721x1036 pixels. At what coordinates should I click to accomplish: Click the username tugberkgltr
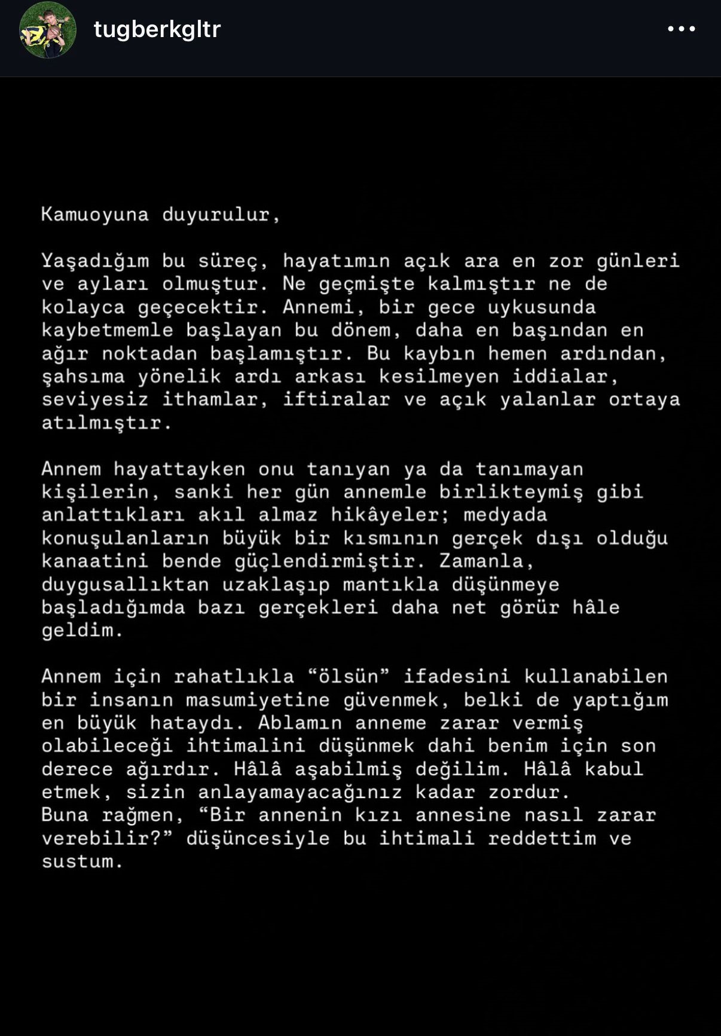tap(157, 29)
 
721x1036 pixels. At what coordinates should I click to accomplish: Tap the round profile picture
tap(48, 30)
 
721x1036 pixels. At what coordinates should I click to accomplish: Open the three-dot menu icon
tap(681, 29)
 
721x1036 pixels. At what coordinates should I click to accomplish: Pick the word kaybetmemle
tap(107, 330)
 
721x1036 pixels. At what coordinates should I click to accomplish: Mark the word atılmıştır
tap(106, 423)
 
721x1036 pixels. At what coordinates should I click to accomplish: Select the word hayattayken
tap(179, 469)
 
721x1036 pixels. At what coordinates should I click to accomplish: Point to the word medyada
tap(505, 515)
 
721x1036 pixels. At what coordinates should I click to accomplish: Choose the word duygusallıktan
tap(125, 584)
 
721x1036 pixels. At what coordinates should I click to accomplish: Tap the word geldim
tap(82, 631)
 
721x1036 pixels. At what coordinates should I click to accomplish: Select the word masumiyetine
tap(257, 700)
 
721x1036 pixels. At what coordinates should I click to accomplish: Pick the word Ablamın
tap(300, 723)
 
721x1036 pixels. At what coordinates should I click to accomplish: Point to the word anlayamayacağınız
tap(300, 792)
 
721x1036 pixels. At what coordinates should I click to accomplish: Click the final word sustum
tap(82, 861)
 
